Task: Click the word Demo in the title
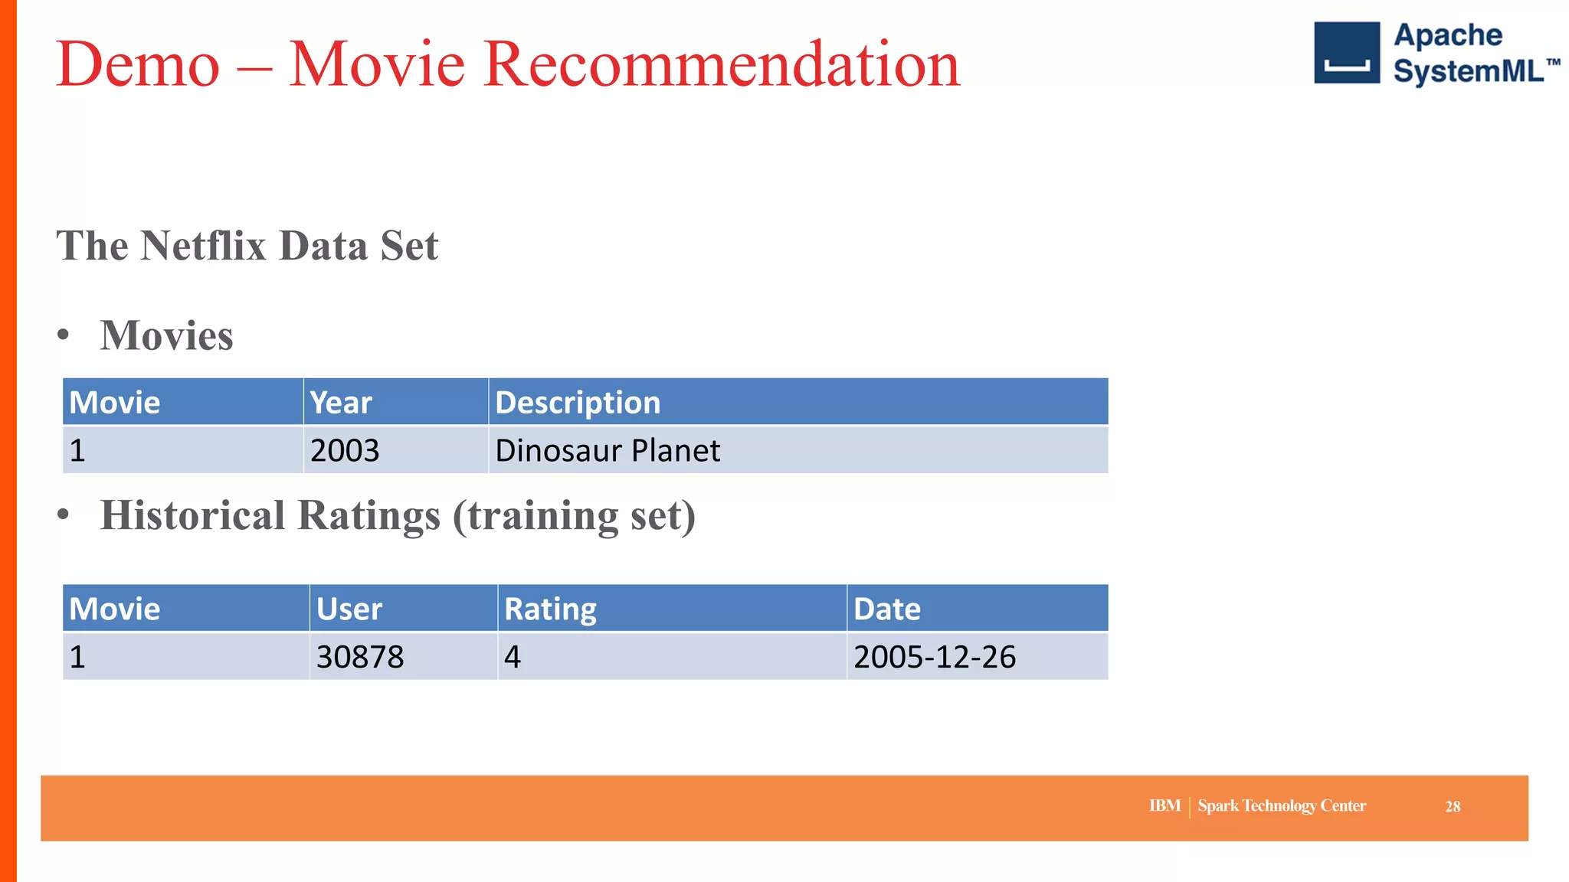pos(138,65)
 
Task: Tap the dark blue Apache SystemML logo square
pos(1346,53)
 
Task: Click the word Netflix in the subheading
pos(203,246)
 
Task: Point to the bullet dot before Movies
pos(64,335)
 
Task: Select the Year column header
pos(341,403)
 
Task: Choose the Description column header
pos(578,403)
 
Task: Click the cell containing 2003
pos(345,450)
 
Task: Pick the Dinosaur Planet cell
pos(608,450)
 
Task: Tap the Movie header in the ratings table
pos(115,609)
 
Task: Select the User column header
pos(349,609)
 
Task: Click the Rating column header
pos(550,609)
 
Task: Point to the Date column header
pos(887,609)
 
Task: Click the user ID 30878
pos(360,657)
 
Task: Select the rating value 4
pos(513,657)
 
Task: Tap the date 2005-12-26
pos(935,657)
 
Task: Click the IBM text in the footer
pos(1164,806)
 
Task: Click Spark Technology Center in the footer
pos(1282,806)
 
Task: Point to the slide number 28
pos(1453,807)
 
